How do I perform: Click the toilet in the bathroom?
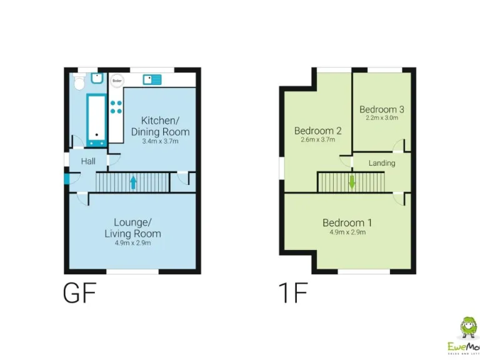click(x=79, y=82)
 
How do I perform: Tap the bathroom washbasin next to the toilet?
click(x=97, y=79)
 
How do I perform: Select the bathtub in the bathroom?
click(x=96, y=120)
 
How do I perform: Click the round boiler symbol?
click(x=117, y=81)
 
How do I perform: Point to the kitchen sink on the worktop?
click(x=152, y=79)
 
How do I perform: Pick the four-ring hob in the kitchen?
click(x=116, y=106)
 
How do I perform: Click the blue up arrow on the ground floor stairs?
click(x=132, y=182)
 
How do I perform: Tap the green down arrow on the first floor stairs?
click(x=352, y=182)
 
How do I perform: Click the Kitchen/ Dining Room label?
click(x=160, y=126)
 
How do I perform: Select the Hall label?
click(x=88, y=161)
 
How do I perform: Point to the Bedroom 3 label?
click(x=381, y=109)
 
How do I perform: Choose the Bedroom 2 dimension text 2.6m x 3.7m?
click(x=317, y=140)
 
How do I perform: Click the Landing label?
click(x=381, y=163)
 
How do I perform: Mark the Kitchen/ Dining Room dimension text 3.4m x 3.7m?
click(x=160, y=141)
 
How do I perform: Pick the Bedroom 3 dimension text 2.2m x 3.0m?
click(x=381, y=117)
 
